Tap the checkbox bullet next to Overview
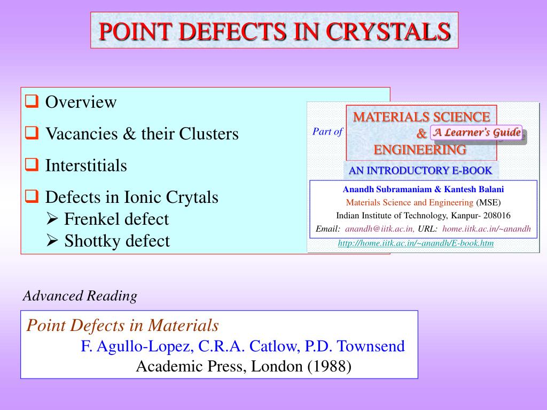coord(32,101)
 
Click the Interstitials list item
coord(86,165)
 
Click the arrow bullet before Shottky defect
coord(52,241)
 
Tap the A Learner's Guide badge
coord(476,133)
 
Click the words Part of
coord(327,132)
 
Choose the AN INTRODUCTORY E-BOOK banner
coord(420,171)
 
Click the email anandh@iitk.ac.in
coord(379,229)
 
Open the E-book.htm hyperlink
coord(416,243)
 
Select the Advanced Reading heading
coord(80,296)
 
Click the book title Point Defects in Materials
coord(123,325)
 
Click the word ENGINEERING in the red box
coord(420,150)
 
